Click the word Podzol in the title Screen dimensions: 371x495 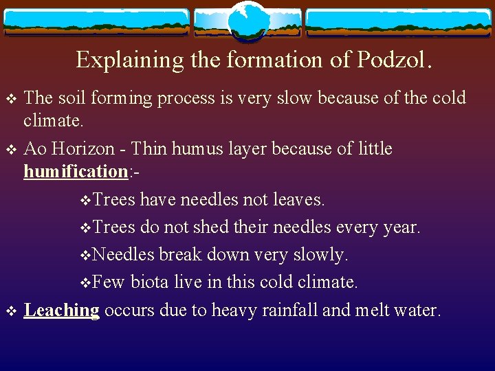click(391, 60)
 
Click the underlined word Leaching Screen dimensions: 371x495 click(62, 311)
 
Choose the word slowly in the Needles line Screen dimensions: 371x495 click(322, 255)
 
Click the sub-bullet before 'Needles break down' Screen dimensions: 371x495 click(85, 256)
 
